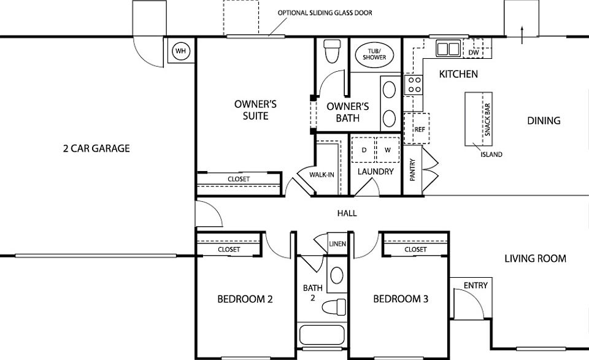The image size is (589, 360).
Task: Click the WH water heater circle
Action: pyautogui.click(x=181, y=51)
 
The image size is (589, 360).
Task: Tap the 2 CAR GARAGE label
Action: pyautogui.click(x=96, y=148)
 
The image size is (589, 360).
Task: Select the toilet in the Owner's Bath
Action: pyautogui.click(x=332, y=51)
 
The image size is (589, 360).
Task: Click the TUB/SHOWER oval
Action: pyautogui.click(x=374, y=55)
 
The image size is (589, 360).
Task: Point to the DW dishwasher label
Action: pyautogui.click(x=474, y=53)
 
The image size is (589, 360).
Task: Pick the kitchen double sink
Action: pyautogui.click(x=448, y=49)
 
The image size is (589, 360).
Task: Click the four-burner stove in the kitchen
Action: pyautogui.click(x=414, y=85)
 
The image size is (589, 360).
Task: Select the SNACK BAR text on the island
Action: pyautogui.click(x=487, y=120)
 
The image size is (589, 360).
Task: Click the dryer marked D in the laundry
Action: pyautogui.click(x=364, y=150)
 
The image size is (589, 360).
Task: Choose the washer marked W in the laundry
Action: pyautogui.click(x=388, y=150)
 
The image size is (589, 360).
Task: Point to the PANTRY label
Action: pyautogui.click(x=412, y=170)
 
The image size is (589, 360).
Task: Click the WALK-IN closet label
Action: pyautogui.click(x=321, y=175)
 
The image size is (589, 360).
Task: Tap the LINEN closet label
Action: pyautogui.click(x=337, y=244)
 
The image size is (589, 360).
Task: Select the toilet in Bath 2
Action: pyautogui.click(x=334, y=307)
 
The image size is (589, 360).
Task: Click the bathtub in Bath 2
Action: pyautogui.click(x=322, y=335)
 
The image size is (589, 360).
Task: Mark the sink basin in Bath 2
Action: pyautogui.click(x=337, y=275)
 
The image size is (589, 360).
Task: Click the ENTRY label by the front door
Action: pyautogui.click(x=475, y=286)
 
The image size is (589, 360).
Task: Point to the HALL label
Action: pyautogui.click(x=347, y=213)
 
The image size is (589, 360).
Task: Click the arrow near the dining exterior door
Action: pyautogui.click(x=522, y=35)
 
